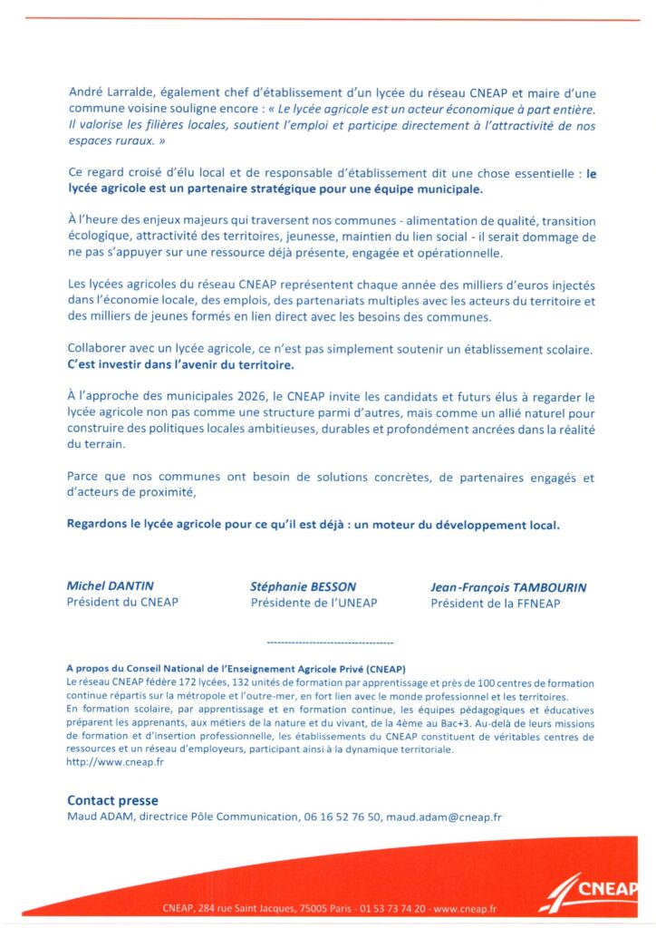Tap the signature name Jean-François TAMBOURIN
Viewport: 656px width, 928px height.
507,587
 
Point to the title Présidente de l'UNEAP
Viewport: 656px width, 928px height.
314,603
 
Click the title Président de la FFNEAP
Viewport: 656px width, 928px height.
495,603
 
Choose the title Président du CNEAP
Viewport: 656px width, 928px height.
122,602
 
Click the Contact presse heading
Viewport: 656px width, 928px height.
112,800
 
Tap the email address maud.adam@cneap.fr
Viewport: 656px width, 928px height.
443,817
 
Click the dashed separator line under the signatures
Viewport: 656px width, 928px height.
330,641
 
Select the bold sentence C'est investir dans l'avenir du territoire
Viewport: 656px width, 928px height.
181,365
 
